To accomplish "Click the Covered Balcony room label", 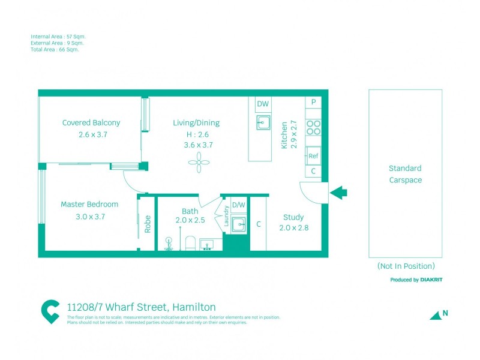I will [x=91, y=123].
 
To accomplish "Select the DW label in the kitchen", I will [x=263, y=104].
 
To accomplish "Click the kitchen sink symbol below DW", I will [x=263, y=123].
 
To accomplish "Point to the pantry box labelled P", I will [x=313, y=103].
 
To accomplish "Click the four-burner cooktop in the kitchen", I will [x=313, y=127].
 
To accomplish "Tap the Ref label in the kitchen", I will [x=313, y=156].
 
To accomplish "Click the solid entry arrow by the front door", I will [x=339, y=193].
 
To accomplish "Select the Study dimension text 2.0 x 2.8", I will [x=293, y=228].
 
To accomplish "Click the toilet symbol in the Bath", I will [x=190, y=243].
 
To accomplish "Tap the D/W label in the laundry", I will [x=238, y=205].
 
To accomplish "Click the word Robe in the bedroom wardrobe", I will [x=148, y=224].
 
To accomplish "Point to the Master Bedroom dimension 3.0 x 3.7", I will [x=83, y=217].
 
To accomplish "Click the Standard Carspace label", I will [x=405, y=174].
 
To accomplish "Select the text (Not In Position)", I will [x=406, y=266].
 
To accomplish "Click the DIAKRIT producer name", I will [x=432, y=280].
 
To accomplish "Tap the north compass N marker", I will [x=445, y=313].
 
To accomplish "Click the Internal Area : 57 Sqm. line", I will [x=58, y=37].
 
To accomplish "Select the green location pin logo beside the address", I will [x=50, y=311].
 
